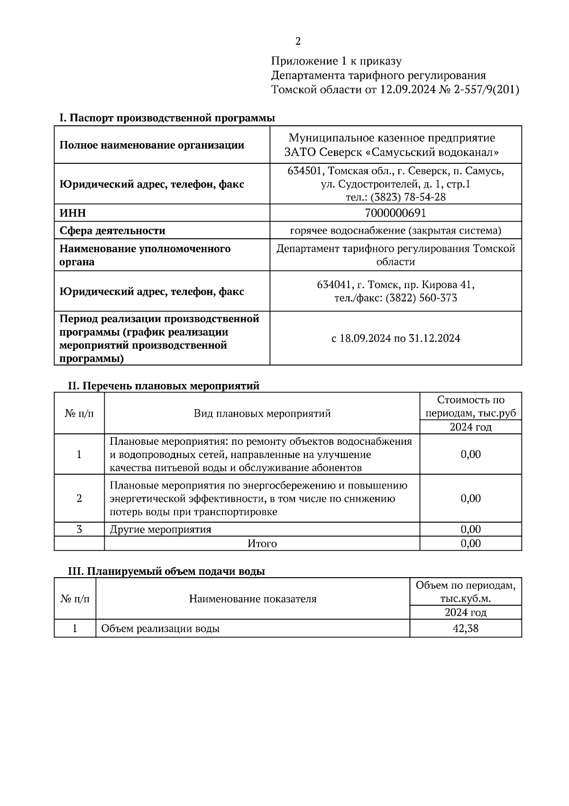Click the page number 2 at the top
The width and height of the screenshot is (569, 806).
(298, 42)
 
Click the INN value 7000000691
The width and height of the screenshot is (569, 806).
(395, 213)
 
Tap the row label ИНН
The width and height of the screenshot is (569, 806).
(73, 213)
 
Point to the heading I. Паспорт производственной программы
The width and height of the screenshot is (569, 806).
(167, 118)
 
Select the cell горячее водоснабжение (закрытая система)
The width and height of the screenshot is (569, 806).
(395, 231)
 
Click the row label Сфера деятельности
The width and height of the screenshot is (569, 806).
(112, 231)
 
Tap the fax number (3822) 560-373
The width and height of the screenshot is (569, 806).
(421, 298)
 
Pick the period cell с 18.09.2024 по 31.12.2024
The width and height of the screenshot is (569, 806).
(395, 338)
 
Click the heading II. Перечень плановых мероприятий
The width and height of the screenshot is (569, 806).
(164, 386)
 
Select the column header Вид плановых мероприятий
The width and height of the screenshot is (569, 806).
(262, 413)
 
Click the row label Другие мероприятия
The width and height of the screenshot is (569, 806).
(160, 529)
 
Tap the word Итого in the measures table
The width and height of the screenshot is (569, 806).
(262, 544)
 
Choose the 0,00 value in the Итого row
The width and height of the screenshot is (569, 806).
(470, 544)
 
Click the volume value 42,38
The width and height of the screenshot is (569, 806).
(465, 629)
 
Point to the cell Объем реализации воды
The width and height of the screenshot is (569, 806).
(160, 629)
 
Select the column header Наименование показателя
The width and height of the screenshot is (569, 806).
(252, 599)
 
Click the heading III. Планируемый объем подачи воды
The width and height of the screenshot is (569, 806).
(166, 572)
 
